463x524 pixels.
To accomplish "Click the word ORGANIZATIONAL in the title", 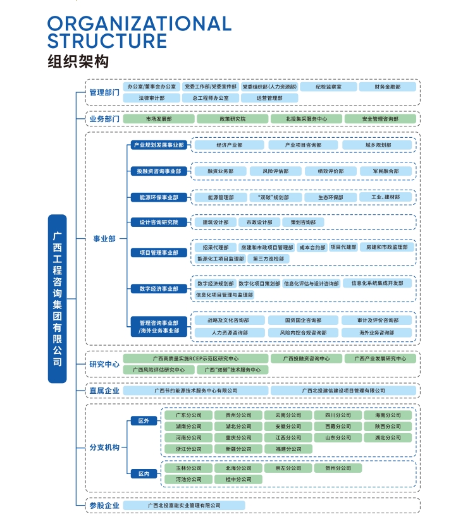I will pos(139,24).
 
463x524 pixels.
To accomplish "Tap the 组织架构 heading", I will pos(78,62).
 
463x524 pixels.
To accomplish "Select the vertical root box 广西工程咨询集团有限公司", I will pos(57,298).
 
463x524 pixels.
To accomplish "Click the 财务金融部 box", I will pos(387,87).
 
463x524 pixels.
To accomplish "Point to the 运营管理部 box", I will pos(269,98).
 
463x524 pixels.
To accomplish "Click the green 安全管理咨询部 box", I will pos(380,118).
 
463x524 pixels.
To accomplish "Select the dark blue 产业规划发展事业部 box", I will pos(159,145).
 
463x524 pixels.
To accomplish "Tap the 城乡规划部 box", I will pos(378,145).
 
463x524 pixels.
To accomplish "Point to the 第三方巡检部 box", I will pos(268,259).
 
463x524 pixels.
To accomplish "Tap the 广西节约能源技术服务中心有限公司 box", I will pos(196,391).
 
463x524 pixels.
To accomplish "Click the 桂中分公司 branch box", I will pos(238,479).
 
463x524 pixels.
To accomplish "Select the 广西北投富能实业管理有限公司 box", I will pos(183,505).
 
